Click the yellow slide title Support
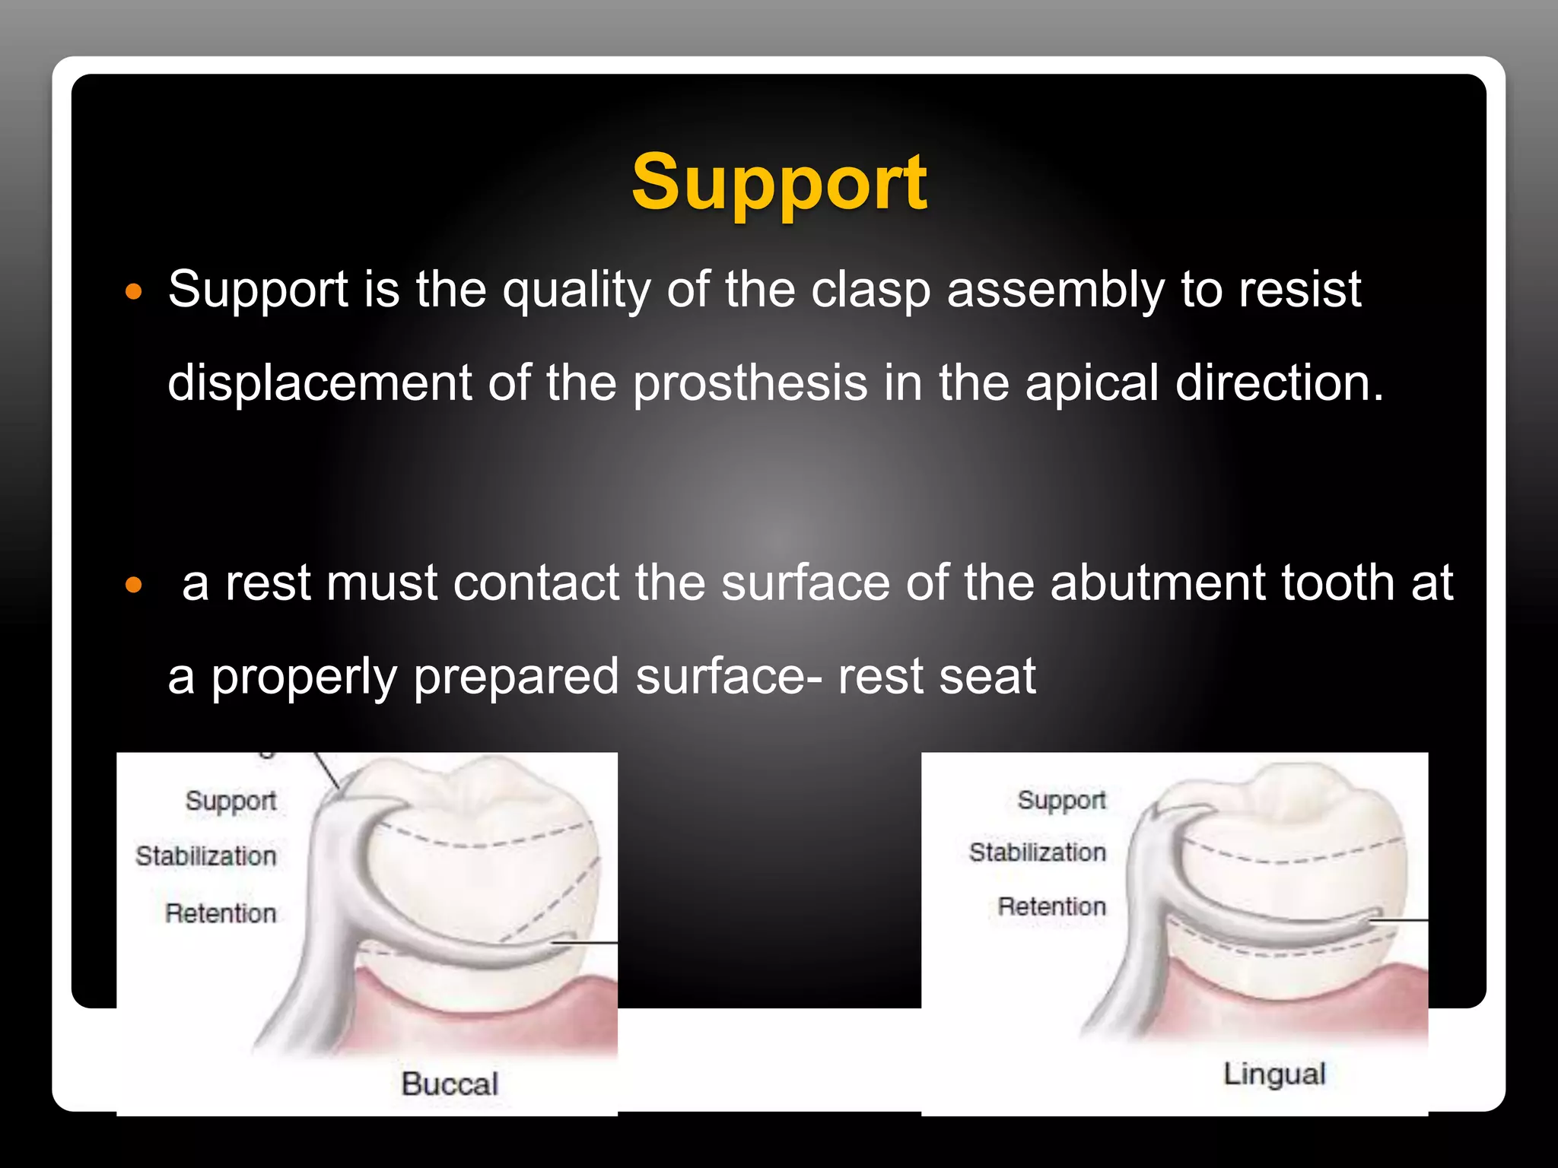(x=779, y=182)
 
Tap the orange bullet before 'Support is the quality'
(x=134, y=292)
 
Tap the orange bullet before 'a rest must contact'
(x=134, y=585)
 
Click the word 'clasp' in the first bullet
(x=870, y=290)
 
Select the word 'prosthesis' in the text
(x=750, y=383)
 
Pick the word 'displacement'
(x=320, y=382)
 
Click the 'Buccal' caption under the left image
(x=450, y=1084)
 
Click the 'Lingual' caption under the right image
(x=1274, y=1074)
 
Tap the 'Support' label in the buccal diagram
(x=231, y=801)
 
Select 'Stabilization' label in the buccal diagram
(x=206, y=856)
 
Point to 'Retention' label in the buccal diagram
(x=221, y=913)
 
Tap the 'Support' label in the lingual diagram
(x=1061, y=800)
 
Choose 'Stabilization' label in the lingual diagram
(x=1038, y=852)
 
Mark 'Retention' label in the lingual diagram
(x=1051, y=906)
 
